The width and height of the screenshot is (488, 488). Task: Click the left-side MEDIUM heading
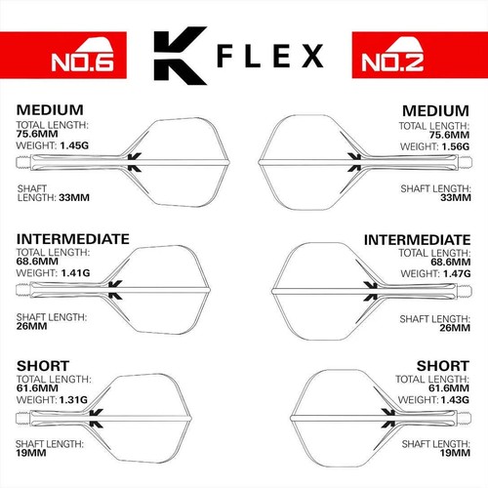[x=50, y=109]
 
